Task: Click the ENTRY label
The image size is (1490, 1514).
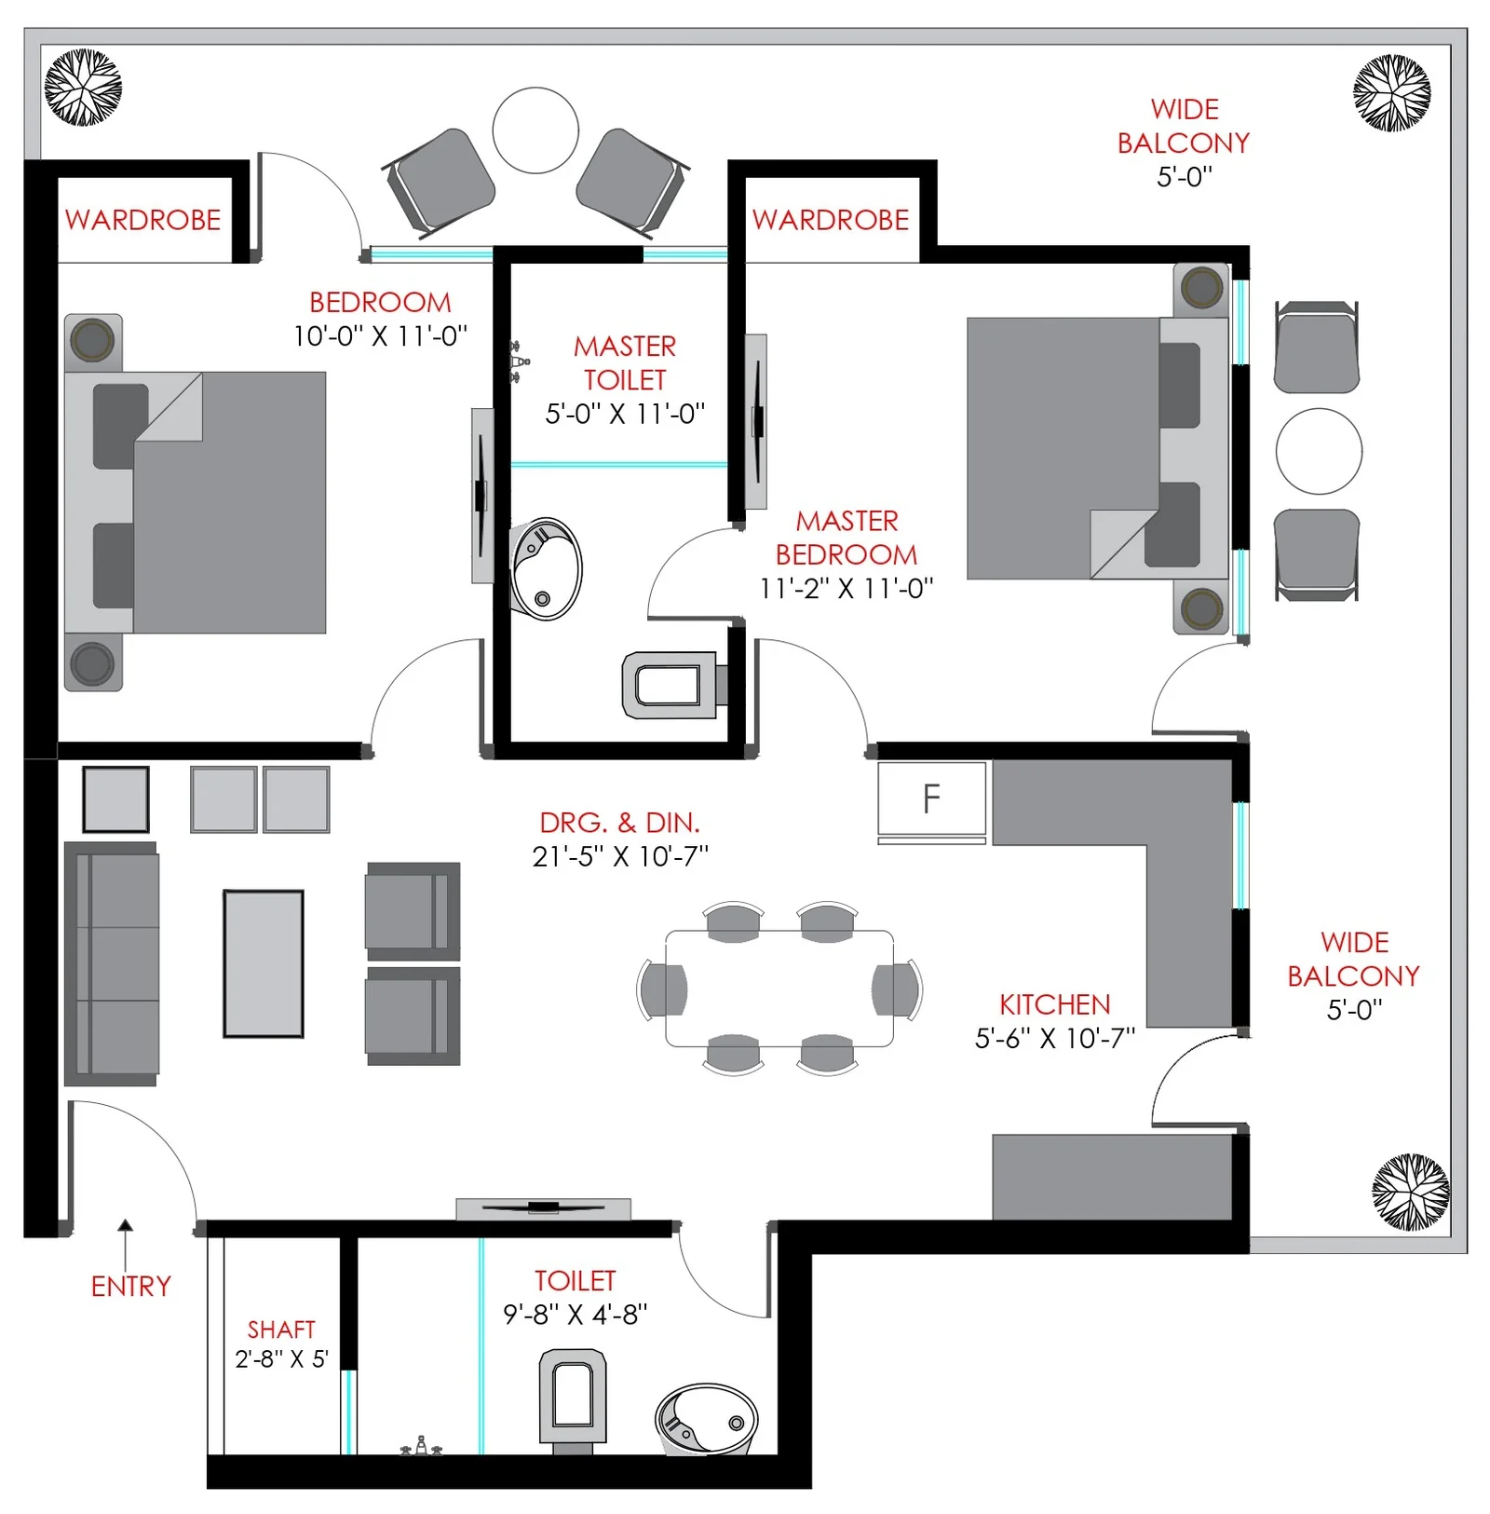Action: tap(131, 1287)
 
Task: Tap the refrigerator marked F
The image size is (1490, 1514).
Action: tap(931, 798)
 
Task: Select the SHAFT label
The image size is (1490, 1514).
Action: tap(281, 1330)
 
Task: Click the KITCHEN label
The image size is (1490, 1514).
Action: tap(1055, 1004)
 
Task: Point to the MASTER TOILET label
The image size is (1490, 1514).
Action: tap(625, 363)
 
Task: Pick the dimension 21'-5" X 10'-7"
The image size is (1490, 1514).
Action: tap(620, 856)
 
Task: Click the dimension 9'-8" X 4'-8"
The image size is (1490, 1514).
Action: tap(576, 1315)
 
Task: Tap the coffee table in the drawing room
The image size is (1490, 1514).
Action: tap(264, 963)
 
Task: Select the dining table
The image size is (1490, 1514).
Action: tap(779, 989)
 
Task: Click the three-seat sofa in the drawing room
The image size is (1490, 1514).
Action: tap(111, 964)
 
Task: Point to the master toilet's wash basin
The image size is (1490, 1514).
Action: tap(547, 569)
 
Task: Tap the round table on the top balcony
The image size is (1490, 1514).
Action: tap(535, 130)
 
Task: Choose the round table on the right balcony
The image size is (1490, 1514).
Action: tap(1319, 451)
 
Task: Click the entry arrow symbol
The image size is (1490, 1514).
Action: tap(125, 1244)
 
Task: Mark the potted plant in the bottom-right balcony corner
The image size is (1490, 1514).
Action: tap(1410, 1193)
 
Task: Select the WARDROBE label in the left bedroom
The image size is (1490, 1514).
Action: tap(142, 220)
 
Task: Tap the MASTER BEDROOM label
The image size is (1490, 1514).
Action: tap(847, 538)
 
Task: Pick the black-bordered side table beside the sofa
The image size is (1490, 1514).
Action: tap(115, 799)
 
